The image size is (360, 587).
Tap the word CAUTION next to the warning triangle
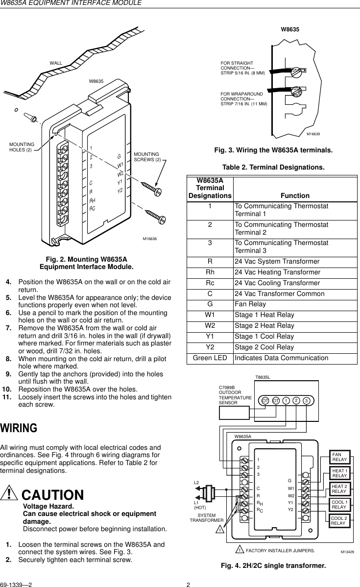tap(53, 495)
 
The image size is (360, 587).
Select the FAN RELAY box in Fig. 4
tap(339, 457)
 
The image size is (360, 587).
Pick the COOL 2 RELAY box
tap(339, 520)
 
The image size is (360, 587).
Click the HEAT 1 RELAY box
tap(339, 473)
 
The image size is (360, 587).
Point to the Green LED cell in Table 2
tap(210, 358)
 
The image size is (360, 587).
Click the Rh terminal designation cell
tap(210, 272)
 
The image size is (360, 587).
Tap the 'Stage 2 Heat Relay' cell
tap(264, 326)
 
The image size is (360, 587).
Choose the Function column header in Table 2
tap(295, 196)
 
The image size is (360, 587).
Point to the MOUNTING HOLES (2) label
tap(22, 147)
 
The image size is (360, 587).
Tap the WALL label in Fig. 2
tap(56, 63)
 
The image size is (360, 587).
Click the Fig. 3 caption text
tap(270, 149)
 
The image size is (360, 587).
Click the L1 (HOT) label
tap(199, 505)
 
